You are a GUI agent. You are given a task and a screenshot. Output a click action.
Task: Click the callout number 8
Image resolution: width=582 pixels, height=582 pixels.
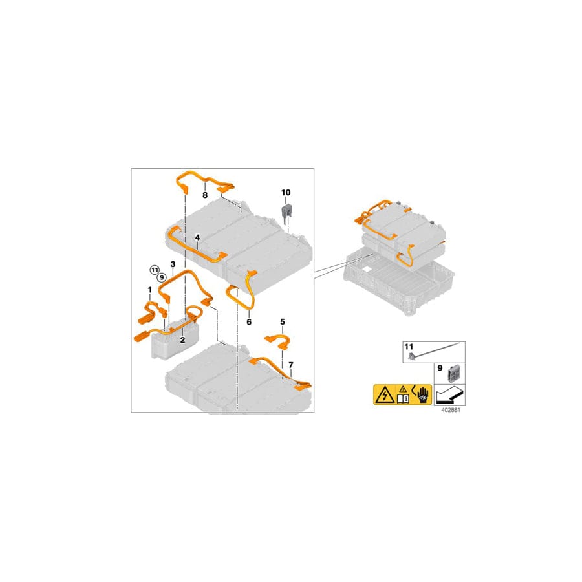coord(205,195)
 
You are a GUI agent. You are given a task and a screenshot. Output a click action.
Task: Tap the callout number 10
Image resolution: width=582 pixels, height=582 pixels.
coord(285,192)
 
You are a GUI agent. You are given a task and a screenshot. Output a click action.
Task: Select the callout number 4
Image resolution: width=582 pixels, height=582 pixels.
coord(197,237)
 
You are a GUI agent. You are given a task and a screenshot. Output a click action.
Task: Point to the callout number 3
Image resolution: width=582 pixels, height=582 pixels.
coord(173,264)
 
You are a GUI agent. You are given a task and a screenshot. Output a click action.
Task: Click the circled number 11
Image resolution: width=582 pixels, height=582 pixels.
coord(155,270)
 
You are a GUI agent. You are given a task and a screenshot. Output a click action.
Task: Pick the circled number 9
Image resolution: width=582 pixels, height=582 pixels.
coord(162,277)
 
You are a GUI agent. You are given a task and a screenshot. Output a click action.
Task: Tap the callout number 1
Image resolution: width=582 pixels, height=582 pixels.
coord(149,289)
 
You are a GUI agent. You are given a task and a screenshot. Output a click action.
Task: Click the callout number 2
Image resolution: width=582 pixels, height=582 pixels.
coord(182,339)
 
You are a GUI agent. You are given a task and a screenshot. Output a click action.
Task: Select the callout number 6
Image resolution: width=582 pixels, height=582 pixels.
coord(249,322)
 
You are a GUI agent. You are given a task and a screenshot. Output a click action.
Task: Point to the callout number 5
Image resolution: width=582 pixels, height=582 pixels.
coord(283,321)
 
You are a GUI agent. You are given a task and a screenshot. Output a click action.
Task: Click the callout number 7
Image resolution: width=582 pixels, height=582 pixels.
coord(291,365)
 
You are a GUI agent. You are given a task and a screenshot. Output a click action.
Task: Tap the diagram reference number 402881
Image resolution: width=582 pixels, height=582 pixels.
coord(450,410)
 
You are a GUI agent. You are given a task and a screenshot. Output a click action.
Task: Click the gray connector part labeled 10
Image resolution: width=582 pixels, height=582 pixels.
coord(285,211)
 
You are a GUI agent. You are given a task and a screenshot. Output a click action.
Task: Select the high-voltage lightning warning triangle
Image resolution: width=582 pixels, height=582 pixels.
coord(385,396)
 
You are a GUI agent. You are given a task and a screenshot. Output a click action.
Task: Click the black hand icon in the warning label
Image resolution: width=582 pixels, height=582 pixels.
coord(423,395)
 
